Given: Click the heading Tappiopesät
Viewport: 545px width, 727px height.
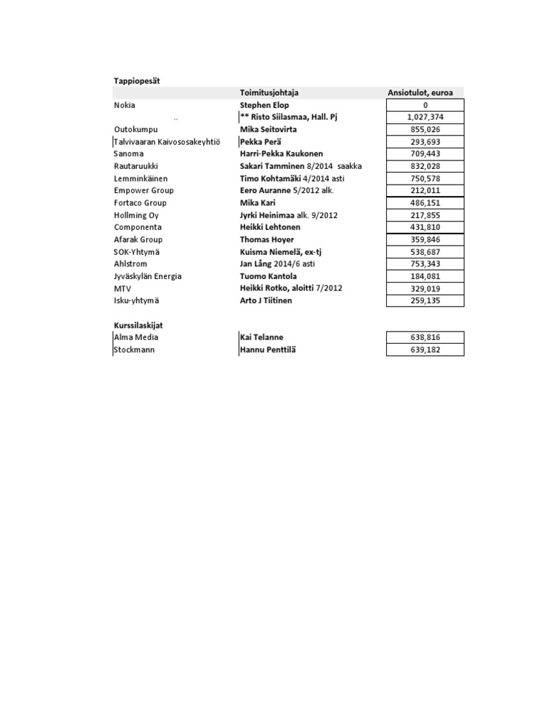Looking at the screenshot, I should pos(137,81).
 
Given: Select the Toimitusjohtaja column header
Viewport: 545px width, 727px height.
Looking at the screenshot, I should pos(270,93).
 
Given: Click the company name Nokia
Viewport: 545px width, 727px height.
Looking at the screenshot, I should pos(124,105).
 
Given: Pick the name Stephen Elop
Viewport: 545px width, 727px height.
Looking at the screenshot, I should pos(265,105).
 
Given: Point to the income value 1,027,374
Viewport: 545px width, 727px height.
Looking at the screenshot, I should pos(425,117).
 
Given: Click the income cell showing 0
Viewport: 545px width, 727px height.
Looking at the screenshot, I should pos(425,105).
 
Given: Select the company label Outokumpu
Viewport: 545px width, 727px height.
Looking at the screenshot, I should pos(136,130).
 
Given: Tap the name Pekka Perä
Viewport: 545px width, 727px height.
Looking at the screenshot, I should pos(261,142).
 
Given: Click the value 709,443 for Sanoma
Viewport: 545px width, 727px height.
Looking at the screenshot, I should pos(425,154).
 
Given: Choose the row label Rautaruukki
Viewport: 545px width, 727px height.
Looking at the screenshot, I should pos(136,166).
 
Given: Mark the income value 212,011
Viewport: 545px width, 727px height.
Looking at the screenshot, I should pos(425,190).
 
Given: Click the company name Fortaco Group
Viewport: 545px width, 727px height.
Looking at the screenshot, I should pos(141,203).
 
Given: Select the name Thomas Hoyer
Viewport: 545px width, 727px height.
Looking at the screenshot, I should pos(267,240).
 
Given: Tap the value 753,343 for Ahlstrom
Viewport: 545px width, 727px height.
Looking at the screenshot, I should pos(425,264).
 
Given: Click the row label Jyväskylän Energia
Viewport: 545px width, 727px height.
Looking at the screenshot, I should pos(148,276).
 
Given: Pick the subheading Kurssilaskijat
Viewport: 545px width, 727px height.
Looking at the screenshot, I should pos(138,325).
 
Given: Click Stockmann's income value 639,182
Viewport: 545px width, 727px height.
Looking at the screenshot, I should pos(425,350).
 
